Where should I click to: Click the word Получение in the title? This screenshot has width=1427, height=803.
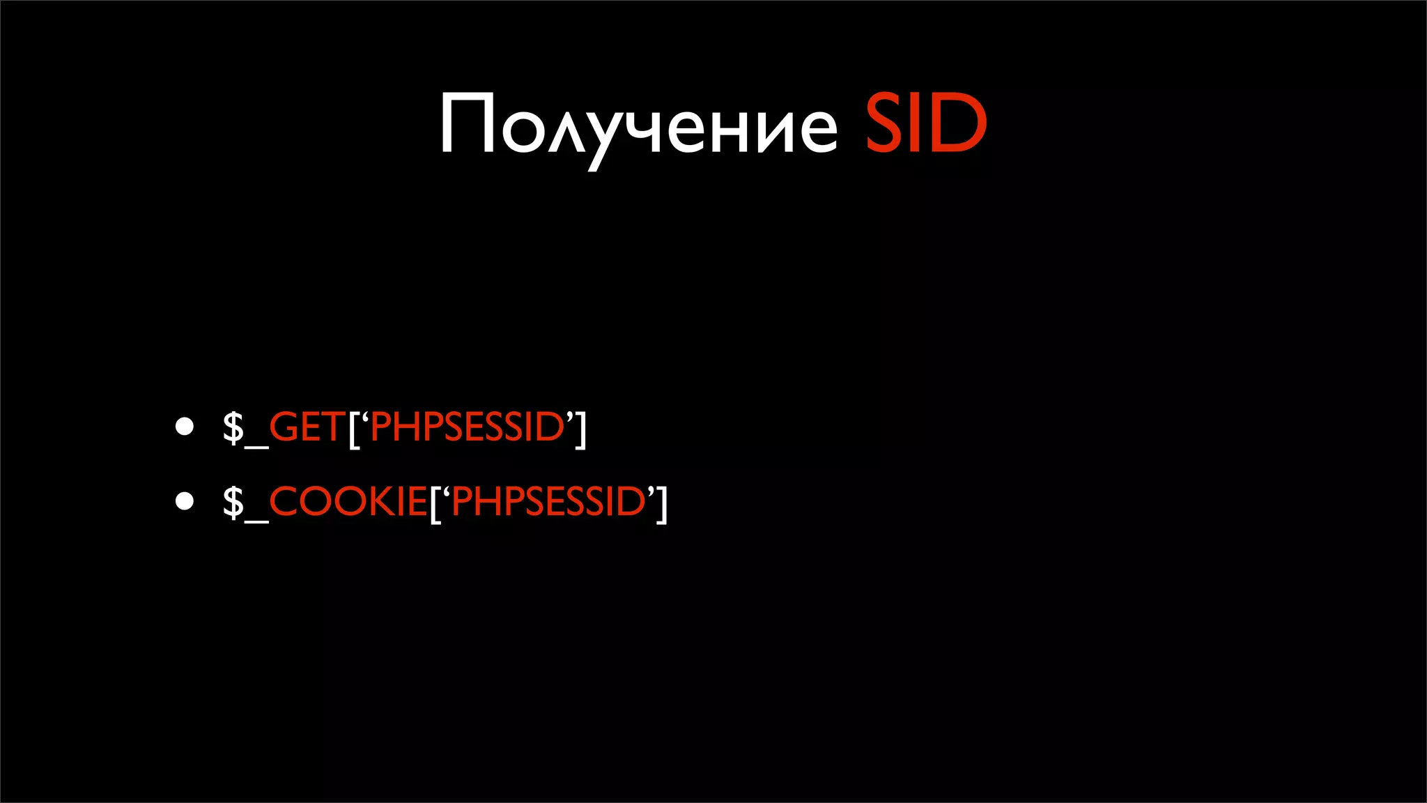point(638,125)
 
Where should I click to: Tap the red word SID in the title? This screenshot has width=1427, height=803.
point(925,124)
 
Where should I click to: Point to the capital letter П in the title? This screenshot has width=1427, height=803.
point(468,124)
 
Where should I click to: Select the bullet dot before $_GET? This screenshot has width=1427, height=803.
point(185,427)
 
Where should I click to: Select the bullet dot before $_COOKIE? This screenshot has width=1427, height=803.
point(185,501)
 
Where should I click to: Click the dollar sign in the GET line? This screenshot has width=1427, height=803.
point(233,427)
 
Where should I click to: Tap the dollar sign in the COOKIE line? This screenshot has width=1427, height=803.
point(233,501)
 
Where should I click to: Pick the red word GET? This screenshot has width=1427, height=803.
point(307,427)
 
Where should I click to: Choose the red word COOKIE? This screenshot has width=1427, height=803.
point(348,501)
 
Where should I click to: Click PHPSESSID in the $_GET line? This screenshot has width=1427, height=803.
point(467,427)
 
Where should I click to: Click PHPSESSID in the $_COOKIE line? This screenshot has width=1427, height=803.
point(548,501)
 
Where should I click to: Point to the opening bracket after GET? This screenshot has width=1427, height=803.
point(354,429)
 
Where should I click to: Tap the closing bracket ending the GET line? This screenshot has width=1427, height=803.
point(580,429)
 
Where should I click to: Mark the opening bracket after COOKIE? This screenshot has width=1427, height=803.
point(435,504)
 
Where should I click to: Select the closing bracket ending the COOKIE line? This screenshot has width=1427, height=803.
point(661,504)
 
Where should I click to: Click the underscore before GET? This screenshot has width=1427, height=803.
point(256,447)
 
